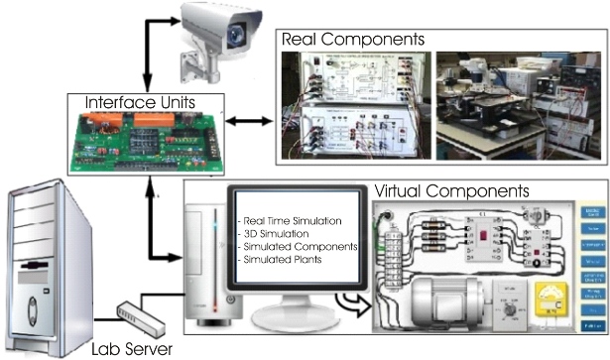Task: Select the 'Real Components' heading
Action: (354, 39)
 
